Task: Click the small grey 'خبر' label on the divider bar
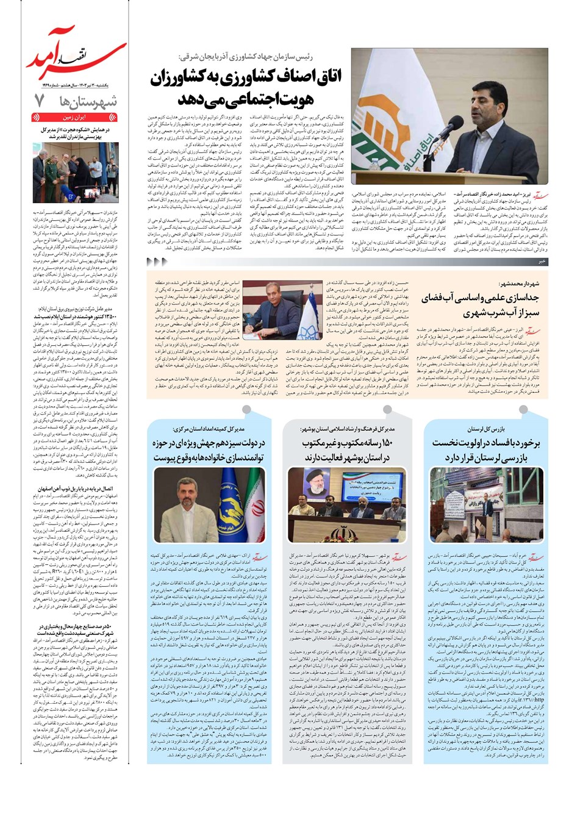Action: click(541, 261)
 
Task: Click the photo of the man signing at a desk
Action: click(286, 309)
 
